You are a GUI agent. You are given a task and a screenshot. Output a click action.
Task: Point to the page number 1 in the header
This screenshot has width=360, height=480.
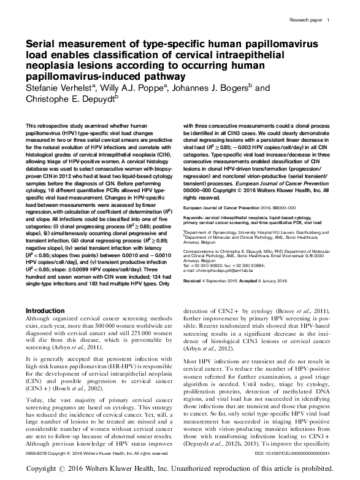[x=329, y=20]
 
